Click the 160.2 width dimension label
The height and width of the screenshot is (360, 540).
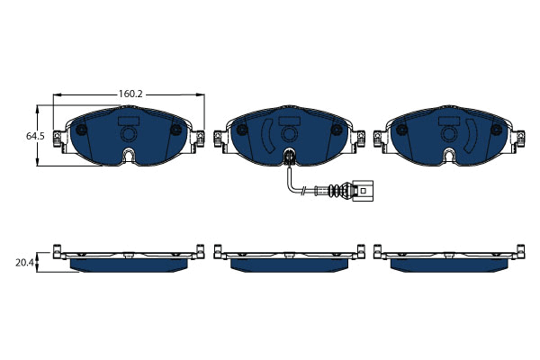tap(130, 94)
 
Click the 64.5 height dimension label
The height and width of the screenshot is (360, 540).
tap(35, 136)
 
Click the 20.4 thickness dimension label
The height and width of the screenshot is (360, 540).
tap(24, 263)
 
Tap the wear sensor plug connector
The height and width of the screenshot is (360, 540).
tap(363, 190)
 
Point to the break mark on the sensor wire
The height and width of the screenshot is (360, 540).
tap(303, 191)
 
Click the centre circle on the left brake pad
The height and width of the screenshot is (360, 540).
tap(128, 134)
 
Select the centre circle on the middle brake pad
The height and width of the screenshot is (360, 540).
tap(289, 134)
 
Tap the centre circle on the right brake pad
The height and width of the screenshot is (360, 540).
tap(449, 134)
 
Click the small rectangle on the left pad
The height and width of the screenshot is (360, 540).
tap(129, 121)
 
